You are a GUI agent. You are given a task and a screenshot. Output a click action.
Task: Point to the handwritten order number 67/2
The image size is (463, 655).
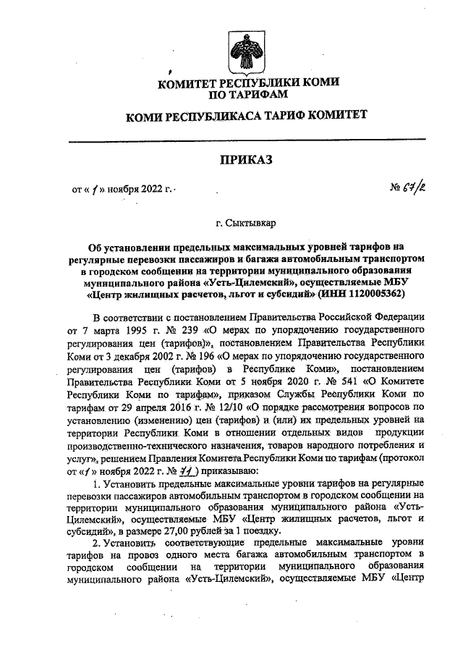(410, 190)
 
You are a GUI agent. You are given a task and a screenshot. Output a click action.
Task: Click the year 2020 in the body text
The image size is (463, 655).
(285, 381)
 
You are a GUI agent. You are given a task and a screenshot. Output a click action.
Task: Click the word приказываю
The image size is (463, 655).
(201, 472)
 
